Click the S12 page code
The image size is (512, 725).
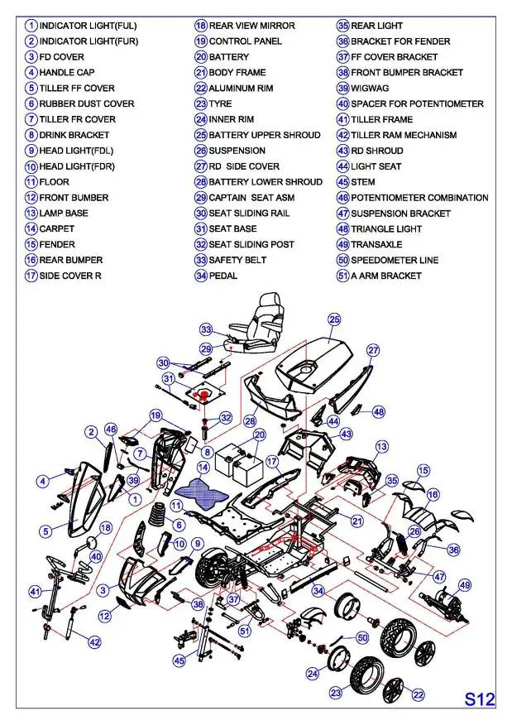pyautogui.click(x=479, y=699)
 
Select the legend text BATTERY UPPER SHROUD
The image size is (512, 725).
pyautogui.click(x=264, y=135)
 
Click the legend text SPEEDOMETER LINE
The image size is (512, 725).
pyautogui.click(x=395, y=260)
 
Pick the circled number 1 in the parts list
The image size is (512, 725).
pyautogui.click(x=31, y=26)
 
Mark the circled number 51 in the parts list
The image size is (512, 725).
pyautogui.click(x=342, y=276)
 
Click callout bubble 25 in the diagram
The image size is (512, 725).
pyautogui.click(x=334, y=319)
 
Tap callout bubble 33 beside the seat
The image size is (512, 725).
pyautogui.click(x=206, y=329)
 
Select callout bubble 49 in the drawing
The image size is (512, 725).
pyautogui.click(x=465, y=585)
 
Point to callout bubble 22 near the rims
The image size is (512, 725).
pyautogui.click(x=419, y=694)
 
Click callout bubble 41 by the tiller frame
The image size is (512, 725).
pyautogui.click(x=35, y=592)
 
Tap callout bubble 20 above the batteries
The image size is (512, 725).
pyautogui.click(x=259, y=435)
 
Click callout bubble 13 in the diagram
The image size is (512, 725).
pyautogui.click(x=381, y=447)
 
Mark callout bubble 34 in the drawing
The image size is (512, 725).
pyautogui.click(x=317, y=591)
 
